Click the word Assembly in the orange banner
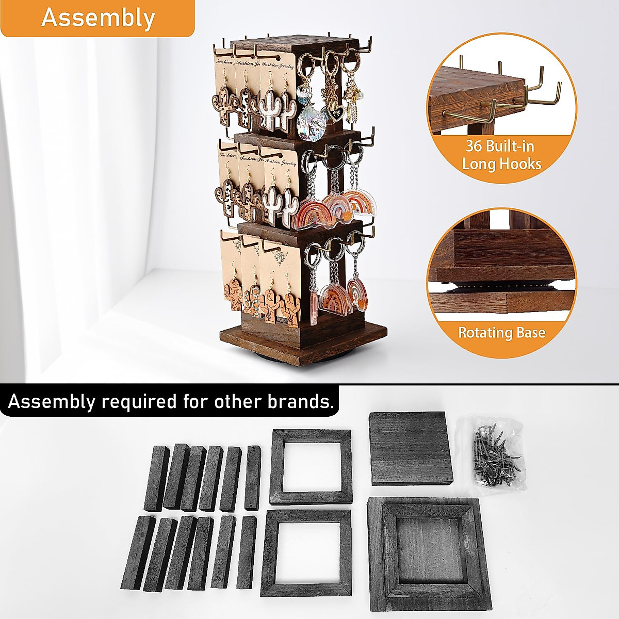[x=97, y=18]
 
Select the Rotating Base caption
[x=501, y=332]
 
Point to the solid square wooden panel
[x=411, y=448]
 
